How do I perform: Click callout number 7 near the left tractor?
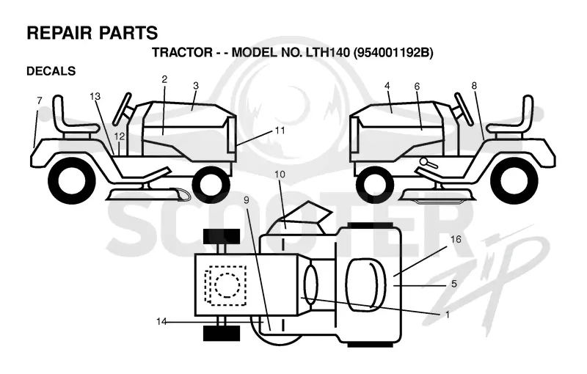tap(40, 100)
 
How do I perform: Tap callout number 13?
tap(95, 97)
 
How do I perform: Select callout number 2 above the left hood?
tap(164, 79)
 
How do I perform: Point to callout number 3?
tap(195, 86)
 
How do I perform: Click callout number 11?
tap(280, 131)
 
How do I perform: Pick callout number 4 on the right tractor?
tap(387, 86)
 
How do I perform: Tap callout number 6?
tap(417, 87)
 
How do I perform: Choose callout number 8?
tap(474, 86)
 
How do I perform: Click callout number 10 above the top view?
tap(280, 175)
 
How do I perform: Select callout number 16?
tap(456, 239)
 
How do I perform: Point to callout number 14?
tap(161, 321)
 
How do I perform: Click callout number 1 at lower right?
tap(447, 315)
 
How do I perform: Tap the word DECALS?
tap(51, 70)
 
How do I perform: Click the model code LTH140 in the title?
tap(325, 52)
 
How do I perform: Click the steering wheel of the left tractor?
tap(123, 109)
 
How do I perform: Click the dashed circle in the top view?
tap(227, 285)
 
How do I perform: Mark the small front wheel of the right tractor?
tap(375, 185)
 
